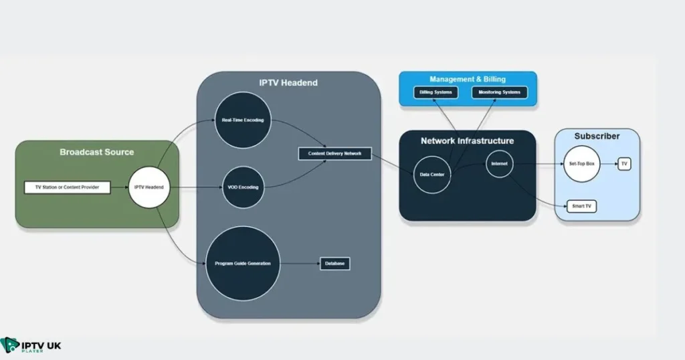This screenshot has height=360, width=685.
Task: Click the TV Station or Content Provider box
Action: (67, 187)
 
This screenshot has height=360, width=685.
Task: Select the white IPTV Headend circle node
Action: (148, 187)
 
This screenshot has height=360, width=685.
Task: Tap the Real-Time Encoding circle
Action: (242, 120)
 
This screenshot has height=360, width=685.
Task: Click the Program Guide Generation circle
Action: (242, 263)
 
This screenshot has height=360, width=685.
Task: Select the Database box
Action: (334, 264)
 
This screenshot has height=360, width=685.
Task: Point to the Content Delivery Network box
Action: (334, 154)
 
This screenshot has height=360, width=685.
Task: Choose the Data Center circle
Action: (432, 175)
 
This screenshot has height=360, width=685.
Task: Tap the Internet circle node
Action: (499, 163)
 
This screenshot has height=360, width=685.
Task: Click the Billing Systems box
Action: (435, 92)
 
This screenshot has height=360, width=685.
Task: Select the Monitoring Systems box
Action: (499, 92)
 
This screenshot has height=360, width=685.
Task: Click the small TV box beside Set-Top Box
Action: (624, 163)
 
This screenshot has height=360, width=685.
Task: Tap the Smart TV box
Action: (581, 206)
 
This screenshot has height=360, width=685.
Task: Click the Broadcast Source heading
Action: (96, 152)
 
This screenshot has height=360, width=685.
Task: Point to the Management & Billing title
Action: (468, 79)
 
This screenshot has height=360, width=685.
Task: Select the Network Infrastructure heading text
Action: (467, 141)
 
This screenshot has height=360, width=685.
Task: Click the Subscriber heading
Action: (597, 136)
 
